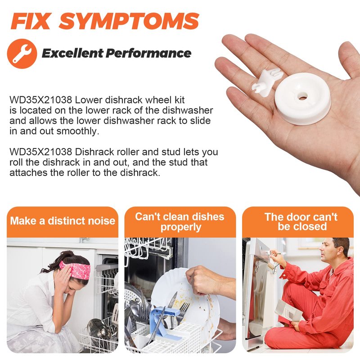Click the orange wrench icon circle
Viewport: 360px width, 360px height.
[x=22, y=54]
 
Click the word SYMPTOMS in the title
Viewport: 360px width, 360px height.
[x=129, y=21]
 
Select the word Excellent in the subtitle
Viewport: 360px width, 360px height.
[x=72, y=53]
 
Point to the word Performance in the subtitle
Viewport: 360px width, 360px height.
[x=148, y=53]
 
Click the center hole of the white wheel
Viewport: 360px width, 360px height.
[x=302, y=97]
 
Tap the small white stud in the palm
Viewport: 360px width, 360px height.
[x=267, y=81]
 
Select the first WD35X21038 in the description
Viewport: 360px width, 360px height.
[x=41, y=100]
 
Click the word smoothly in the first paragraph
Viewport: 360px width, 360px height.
[x=78, y=131]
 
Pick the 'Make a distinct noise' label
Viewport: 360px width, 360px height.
[x=63, y=221]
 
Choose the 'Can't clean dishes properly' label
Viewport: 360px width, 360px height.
[x=180, y=222]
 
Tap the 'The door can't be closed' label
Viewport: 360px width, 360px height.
[x=301, y=221]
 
